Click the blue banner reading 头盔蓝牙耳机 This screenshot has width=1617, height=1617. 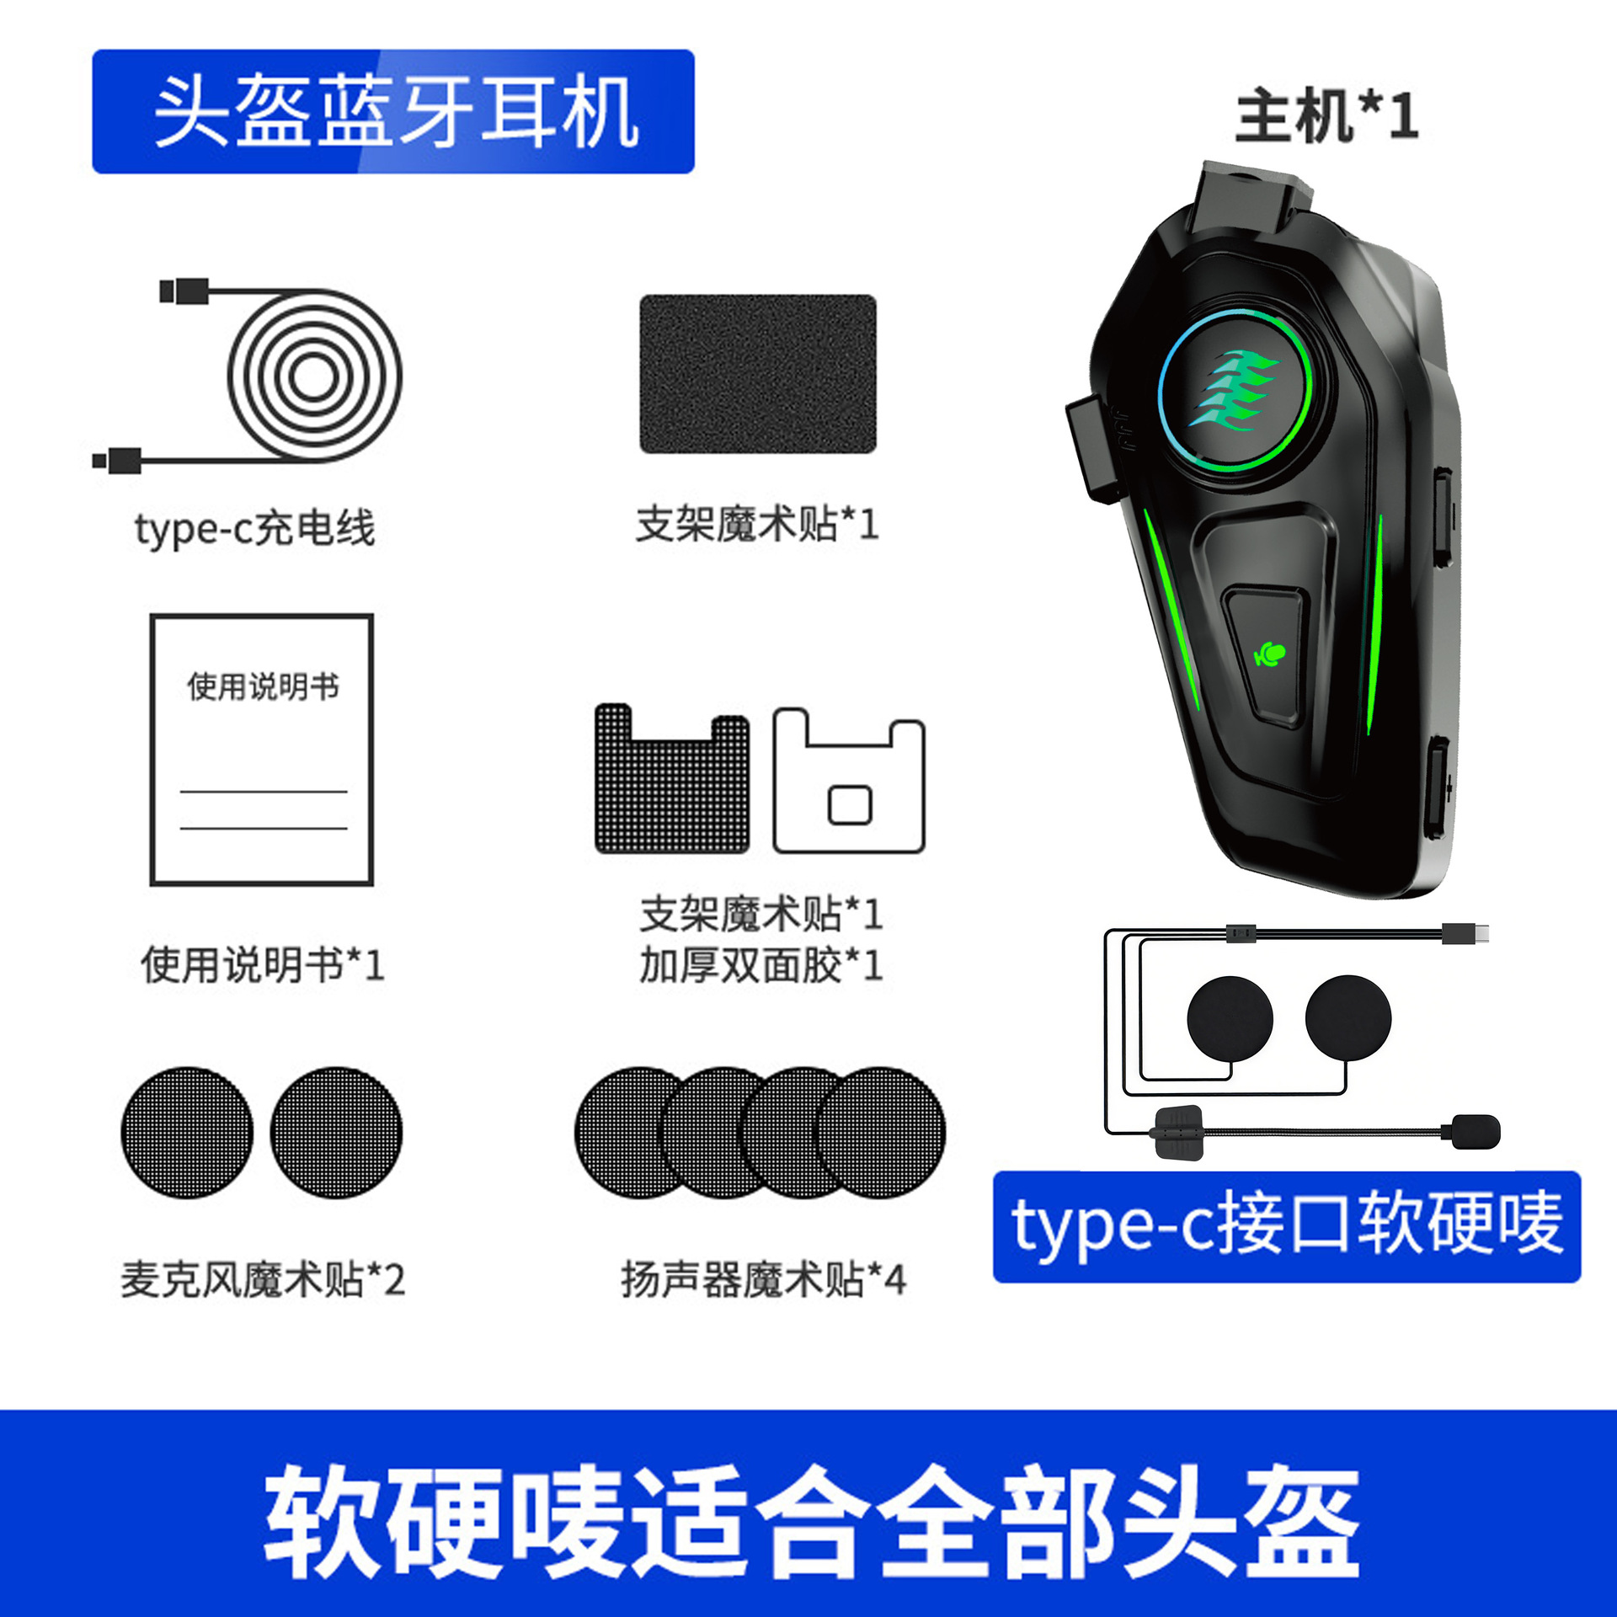click(x=392, y=111)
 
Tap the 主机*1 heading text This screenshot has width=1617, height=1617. click(x=1326, y=116)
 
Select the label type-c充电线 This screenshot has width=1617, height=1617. click(x=254, y=529)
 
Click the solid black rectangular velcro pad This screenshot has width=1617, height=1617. click(x=757, y=374)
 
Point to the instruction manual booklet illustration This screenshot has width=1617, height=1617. click(x=262, y=749)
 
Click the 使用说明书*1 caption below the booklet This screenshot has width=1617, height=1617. click(x=263, y=964)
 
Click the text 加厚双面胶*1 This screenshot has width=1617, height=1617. click(x=760, y=965)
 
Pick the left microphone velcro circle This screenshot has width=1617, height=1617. click(x=187, y=1132)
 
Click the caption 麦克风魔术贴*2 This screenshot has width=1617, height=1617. click(x=263, y=1279)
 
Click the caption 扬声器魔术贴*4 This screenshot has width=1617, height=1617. click(x=763, y=1279)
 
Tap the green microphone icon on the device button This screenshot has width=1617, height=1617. click(x=1270, y=654)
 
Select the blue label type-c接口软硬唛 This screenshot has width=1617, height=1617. click(x=1286, y=1226)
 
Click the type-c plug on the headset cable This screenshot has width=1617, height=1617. click(x=1465, y=932)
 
